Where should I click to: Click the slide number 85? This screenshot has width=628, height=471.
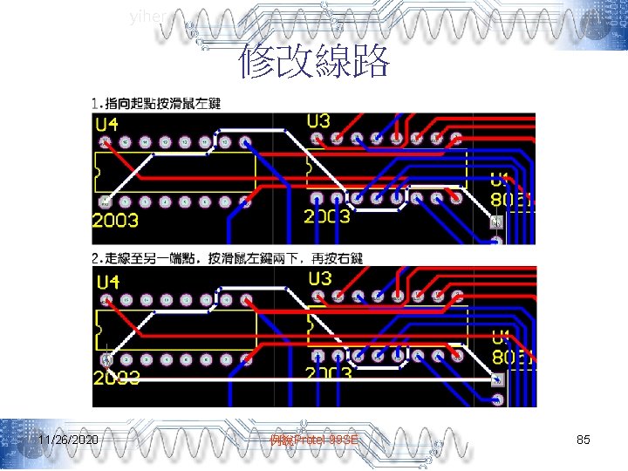(584, 440)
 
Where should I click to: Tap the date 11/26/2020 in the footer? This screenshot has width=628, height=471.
(68, 440)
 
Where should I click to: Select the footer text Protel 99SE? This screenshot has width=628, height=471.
(314, 440)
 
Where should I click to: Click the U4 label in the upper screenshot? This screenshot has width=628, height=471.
(107, 126)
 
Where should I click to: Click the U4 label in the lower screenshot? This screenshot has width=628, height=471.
(107, 283)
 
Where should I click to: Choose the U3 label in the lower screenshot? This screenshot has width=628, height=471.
(319, 279)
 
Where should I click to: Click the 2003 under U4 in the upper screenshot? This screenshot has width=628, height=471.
(115, 219)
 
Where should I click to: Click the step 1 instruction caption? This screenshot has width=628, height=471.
(156, 104)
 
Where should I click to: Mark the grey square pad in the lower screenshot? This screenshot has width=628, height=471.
(497, 380)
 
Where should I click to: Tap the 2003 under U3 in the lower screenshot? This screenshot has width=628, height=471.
(327, 373)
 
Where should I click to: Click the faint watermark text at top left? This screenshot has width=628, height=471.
(144, 16)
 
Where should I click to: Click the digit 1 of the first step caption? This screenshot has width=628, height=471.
(95, 104)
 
